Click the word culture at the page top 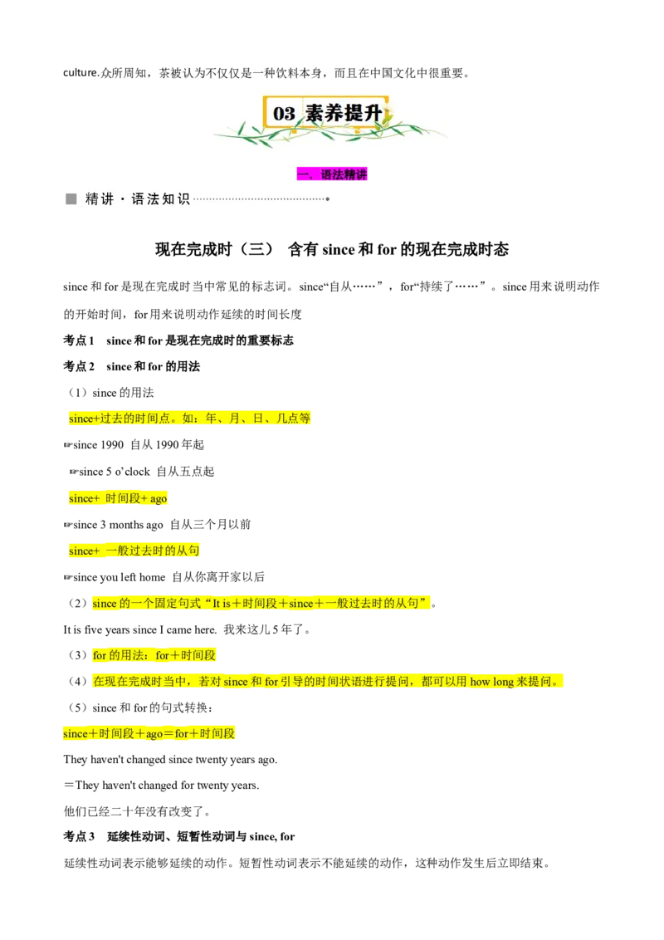pos(80,72)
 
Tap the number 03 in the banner pos(284,113)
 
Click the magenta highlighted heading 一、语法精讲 pos(332,174)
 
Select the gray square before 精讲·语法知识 pos(71,199)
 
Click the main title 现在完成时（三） pos(214,249)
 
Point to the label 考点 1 pos(79,340)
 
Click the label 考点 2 pos(79,366)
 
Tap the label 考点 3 pos(79,836)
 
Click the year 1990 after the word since pos(111,445)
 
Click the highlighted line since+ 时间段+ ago pos(118,498)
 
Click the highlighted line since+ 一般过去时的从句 pos(134,551)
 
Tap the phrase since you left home pos(120,577)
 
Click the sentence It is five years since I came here pos(140,629)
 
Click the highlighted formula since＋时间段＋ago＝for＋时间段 pos(149,733)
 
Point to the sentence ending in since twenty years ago pos(170,760)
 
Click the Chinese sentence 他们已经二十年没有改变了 pos(137,811)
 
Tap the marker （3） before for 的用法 pos(78,655)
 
